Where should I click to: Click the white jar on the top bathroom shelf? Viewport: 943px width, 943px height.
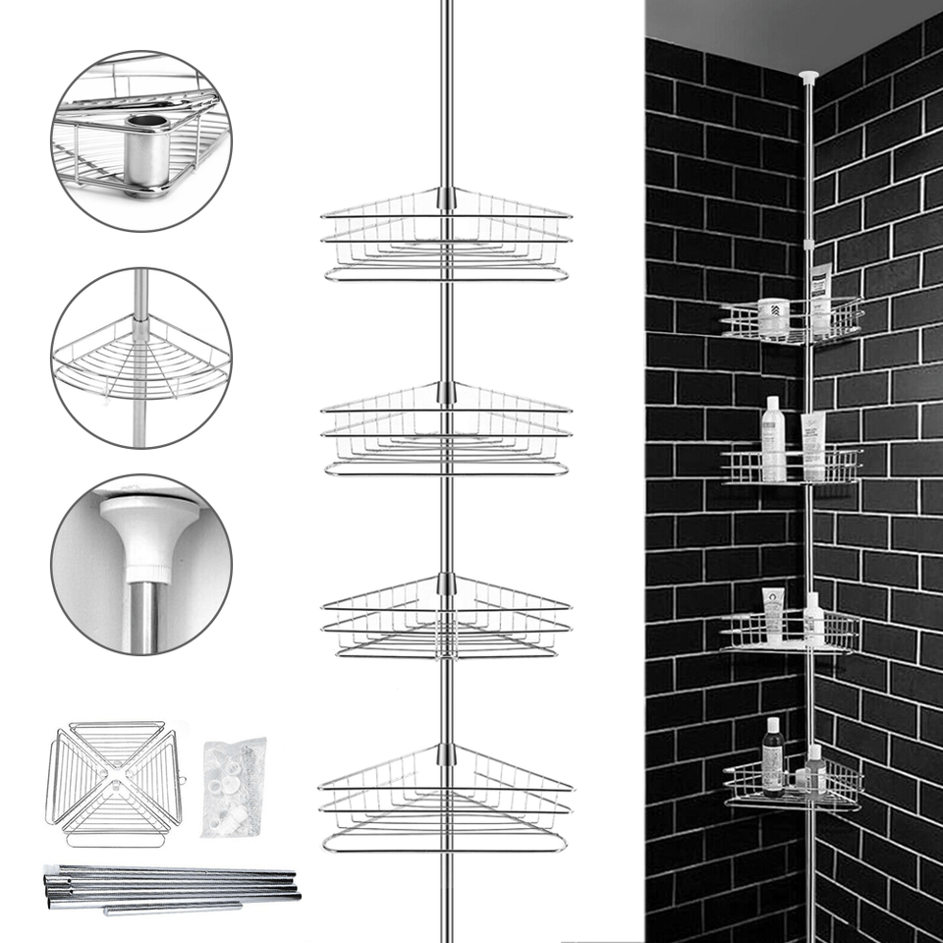774,317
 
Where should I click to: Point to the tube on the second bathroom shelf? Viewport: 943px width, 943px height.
812,445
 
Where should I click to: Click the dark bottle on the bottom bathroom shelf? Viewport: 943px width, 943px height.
773,755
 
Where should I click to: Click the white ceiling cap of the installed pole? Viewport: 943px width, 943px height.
808,76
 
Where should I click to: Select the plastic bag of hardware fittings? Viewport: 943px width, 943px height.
234,786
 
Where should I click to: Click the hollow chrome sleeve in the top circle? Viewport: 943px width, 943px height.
148,152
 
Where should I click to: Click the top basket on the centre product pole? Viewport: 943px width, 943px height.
447,236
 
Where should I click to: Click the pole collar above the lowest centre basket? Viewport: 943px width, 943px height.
447,754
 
